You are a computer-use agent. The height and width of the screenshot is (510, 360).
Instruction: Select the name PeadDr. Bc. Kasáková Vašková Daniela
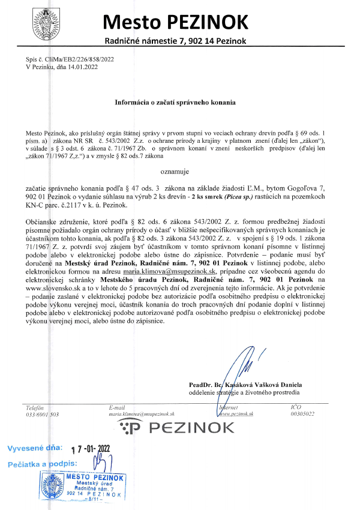(x=245, y=385)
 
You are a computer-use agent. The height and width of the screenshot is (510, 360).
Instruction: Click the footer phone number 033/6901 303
(x=43, y=414)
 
